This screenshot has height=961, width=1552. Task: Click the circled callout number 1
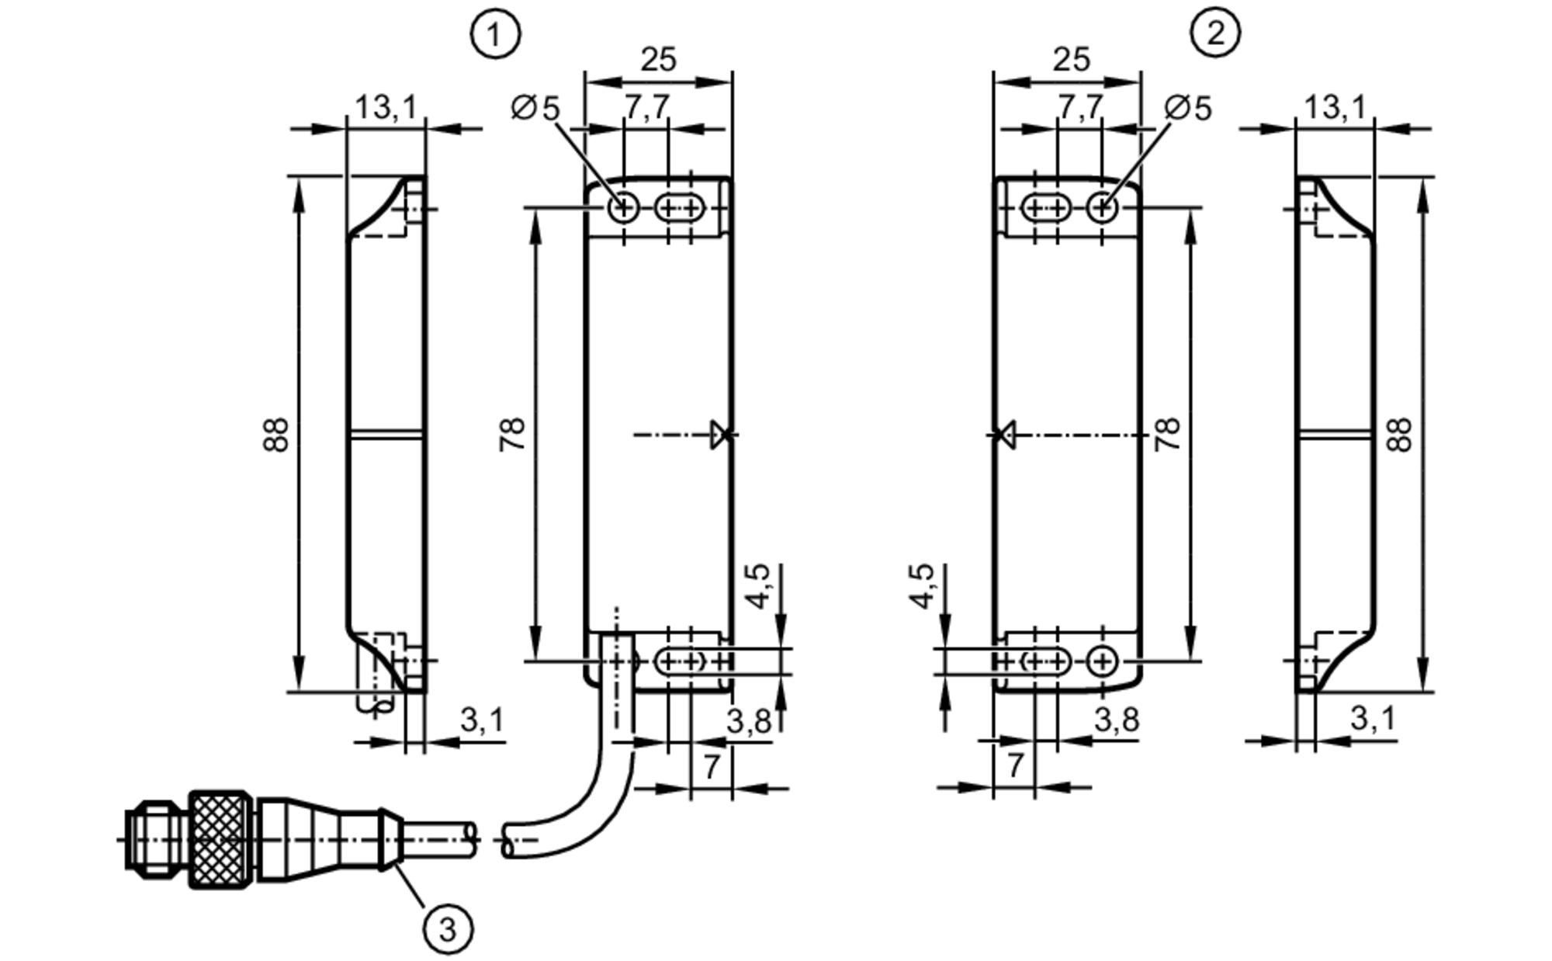pos(495,33)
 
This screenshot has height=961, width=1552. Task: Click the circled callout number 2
pos(1215,33)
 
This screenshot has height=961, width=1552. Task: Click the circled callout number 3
pos(448,928)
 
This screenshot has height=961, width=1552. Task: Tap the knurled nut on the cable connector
pos(222,839)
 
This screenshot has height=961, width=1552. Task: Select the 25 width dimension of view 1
pos(658,60)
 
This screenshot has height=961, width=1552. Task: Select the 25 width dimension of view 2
pos(1072,60)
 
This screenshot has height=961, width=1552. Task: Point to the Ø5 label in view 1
pos(535,109)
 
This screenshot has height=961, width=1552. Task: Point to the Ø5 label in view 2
pos(1188,109)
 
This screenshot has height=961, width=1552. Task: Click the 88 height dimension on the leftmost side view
pos(276,435)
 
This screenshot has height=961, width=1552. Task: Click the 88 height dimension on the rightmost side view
pos(1401,435)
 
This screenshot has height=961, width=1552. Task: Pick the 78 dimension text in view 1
pos(513,435)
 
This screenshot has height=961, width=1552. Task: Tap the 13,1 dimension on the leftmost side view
pos(386,107)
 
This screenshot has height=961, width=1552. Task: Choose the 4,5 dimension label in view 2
pos(922,586)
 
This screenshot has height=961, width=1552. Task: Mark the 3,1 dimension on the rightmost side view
pos(1373,719)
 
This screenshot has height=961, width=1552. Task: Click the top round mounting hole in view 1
pos(624,208)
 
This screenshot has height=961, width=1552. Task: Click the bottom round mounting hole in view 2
pos(1102,662)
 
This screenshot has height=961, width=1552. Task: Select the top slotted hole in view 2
pos(1046,208)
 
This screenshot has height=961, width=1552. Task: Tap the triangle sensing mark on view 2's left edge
pos(1006,435)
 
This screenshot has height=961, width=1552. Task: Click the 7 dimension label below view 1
pos(712,767)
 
